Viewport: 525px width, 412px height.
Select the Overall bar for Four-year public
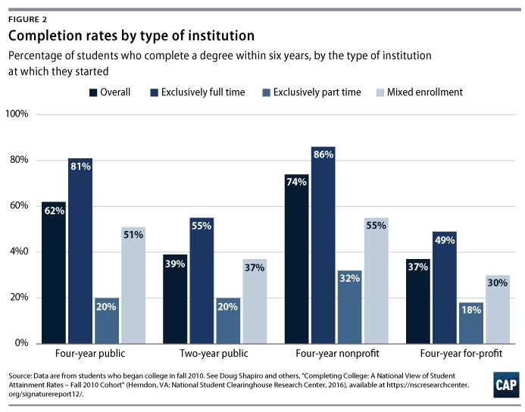coord(54,273)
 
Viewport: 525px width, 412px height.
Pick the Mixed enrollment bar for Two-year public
coord(255,301)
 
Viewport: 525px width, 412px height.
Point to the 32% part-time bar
coord(348,307)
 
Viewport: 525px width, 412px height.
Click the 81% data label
coord(80,167)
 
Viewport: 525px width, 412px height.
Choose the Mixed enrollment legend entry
coord(424,92)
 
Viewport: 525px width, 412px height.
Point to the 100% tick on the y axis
coord(16,114)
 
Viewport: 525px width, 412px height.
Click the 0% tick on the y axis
coord(19,343)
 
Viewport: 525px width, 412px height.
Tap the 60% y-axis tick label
coord(18,206)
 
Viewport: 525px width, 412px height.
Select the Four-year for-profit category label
coord(456,354)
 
